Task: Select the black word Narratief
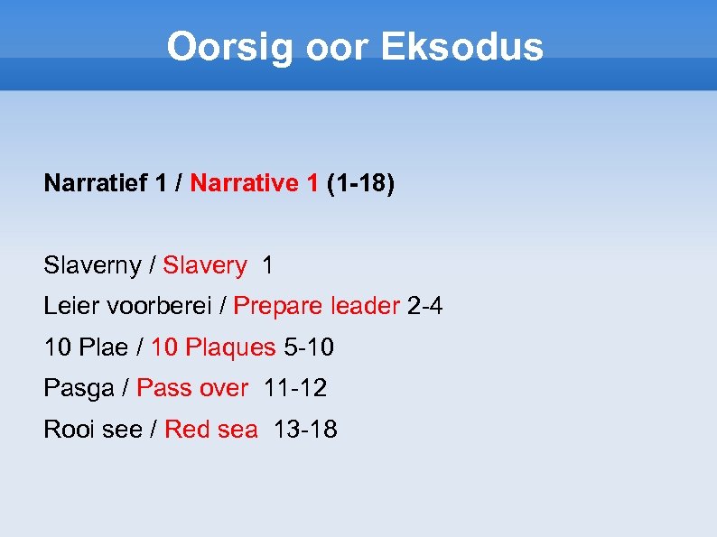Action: (96, 184)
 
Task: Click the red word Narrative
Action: (243, 184)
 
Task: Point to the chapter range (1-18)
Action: (360, 184)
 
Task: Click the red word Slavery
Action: (204, 266)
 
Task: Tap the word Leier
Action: (66, 307)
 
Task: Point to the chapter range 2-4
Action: (425, 307)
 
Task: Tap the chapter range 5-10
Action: (309, 347)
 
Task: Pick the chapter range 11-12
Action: (295, 389)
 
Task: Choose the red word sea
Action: (237, 430)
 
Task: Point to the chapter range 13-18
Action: (305, 430)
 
